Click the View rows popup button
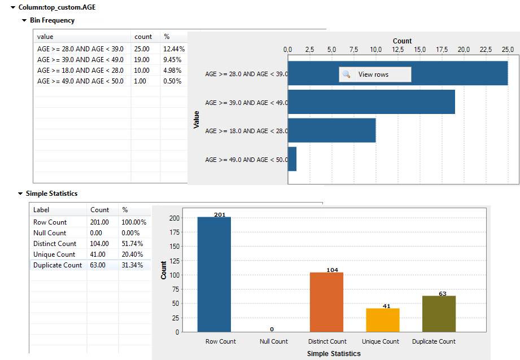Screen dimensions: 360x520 pos(374,74)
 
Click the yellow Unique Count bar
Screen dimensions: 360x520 pos(382,320)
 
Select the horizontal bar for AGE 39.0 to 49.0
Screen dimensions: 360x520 pos(372,102)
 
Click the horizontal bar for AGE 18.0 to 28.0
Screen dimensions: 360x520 pos(332,130)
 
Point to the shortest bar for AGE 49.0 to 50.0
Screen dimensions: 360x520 pos(292,159)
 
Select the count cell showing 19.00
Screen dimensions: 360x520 pos(142,60)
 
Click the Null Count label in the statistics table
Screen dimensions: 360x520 pos(50,232)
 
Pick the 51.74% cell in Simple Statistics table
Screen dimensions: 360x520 pos(132,243)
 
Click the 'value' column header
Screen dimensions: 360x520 pos(45,37)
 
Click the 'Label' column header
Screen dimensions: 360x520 pos(41,209)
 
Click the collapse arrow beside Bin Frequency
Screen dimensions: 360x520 pos(24,20)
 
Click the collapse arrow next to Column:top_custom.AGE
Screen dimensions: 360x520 pos(13,8)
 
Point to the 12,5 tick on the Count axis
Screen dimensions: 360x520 pos(397,50)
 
